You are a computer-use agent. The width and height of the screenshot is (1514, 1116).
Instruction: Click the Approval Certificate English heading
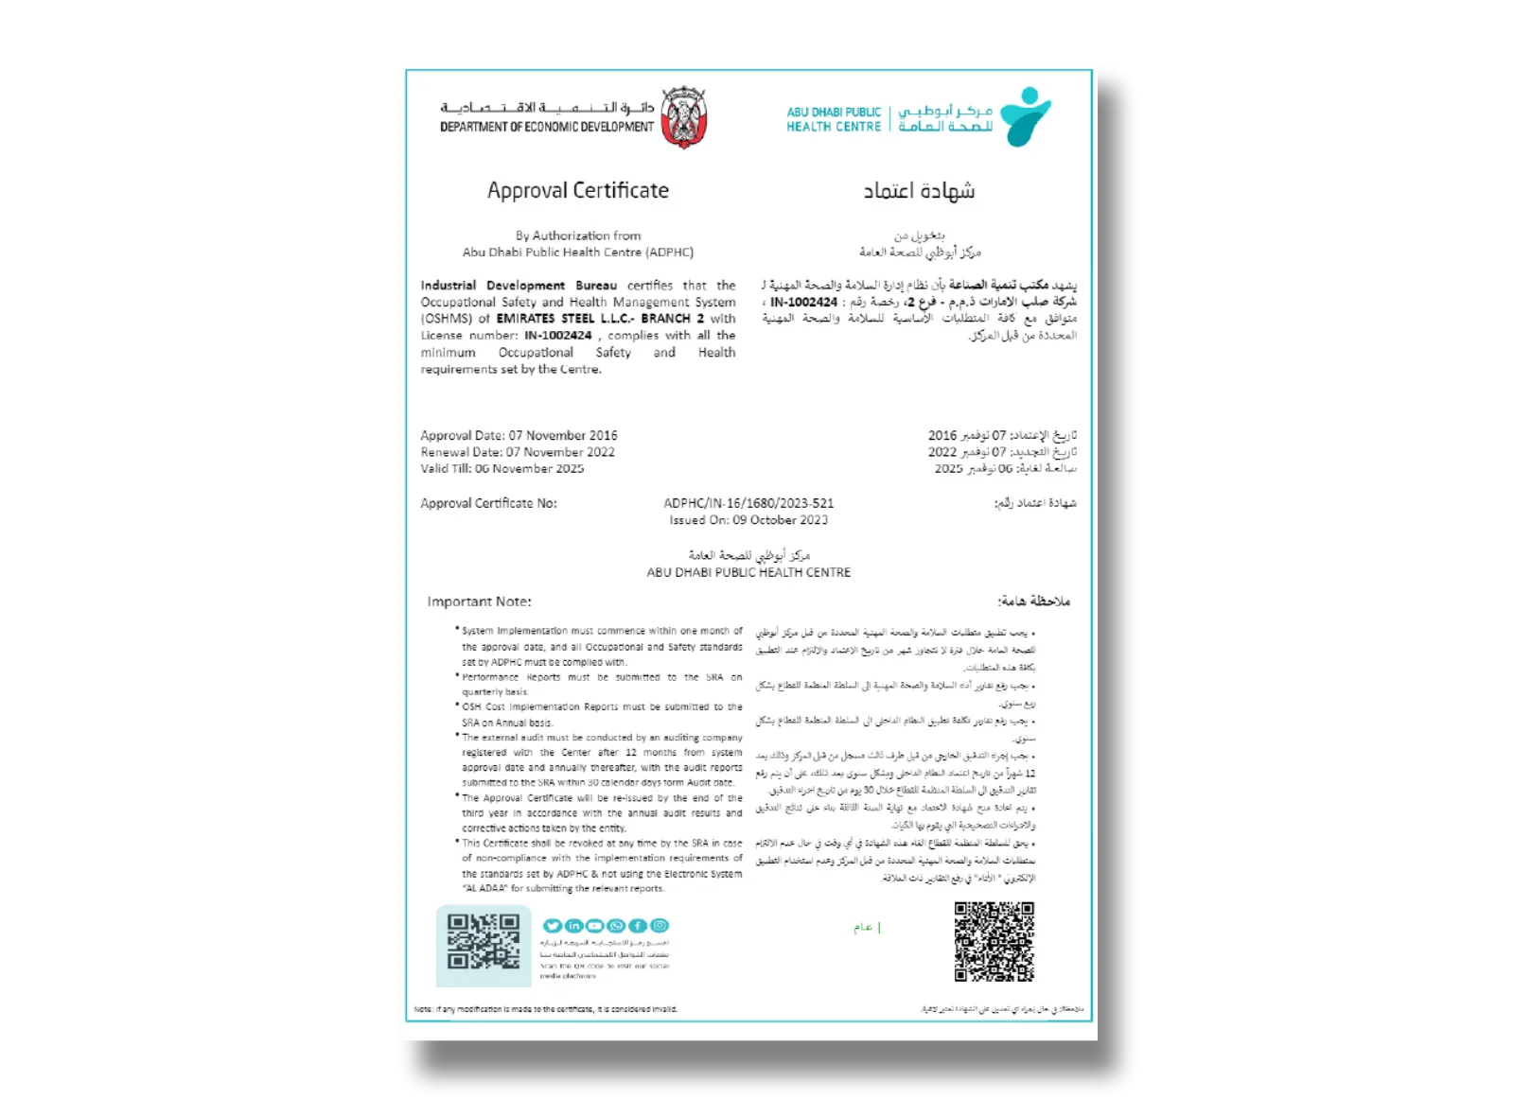coord(577,190)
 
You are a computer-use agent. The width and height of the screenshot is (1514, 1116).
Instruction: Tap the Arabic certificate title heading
coord(919,191)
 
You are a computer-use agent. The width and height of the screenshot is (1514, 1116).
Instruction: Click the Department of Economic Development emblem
coord(684,118)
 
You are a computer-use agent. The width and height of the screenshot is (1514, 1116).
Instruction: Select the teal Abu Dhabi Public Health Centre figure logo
coord(1025,116)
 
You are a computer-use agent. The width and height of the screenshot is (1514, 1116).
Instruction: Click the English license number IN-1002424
coord(558,335)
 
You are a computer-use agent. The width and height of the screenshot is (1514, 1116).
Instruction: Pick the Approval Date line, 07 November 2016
coord(519,435)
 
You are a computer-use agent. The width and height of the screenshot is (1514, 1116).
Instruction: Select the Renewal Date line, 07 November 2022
coord(518,452)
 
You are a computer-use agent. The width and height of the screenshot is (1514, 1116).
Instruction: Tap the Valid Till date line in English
coord(502,468)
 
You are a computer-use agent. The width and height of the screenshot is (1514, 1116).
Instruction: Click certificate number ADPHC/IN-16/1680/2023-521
coord(748,503)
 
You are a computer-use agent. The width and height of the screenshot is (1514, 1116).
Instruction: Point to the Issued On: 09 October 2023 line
coord(748,520)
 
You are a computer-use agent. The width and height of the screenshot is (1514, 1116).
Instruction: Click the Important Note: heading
coord(479,602)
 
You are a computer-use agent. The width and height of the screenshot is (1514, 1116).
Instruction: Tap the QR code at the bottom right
coord(994,941)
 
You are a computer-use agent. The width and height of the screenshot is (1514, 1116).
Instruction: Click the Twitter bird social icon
coord(552,926)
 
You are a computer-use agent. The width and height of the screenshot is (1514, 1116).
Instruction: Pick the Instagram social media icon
coord(660,926)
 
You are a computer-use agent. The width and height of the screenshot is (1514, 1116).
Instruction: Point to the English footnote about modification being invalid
coord(546,1009)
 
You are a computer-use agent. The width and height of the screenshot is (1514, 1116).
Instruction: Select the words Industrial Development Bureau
coord(519,285)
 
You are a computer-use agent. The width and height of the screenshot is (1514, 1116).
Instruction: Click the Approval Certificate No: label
coord(488,503)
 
